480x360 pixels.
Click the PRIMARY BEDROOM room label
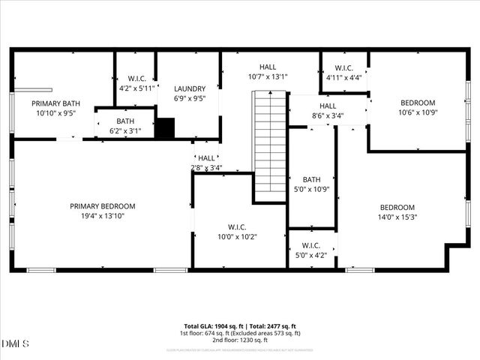[x=103, y=206]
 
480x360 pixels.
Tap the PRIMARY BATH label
[x=55, y=103]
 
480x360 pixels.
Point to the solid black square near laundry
[x=165, y=128]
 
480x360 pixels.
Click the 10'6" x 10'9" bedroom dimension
[x=418, y=112]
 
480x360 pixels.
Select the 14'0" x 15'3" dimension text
[x=397, y=217]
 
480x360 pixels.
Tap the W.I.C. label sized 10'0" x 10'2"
[x=237, y=227]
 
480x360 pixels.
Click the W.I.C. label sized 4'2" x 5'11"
[x=136, y=78]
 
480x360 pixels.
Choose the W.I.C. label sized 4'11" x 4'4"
[x=344, y=67]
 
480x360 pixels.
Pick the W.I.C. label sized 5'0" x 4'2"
[x=311, y=245]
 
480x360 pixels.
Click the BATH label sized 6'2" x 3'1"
[x=125, y=121]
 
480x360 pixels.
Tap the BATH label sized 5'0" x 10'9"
[x=311, y=179]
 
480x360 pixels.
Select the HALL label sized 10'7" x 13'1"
[x=268, y=67]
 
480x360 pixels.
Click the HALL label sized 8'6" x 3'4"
[x=328, y=106]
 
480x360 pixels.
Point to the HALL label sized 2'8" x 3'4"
[x=207, y=158]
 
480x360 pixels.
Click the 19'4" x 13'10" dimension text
[x=103, y=217]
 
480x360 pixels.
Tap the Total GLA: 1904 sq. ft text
[x=212, y=326]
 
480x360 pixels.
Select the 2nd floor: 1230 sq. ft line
[x=239, y=340]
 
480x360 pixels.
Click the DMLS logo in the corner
[x=16, y=343]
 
